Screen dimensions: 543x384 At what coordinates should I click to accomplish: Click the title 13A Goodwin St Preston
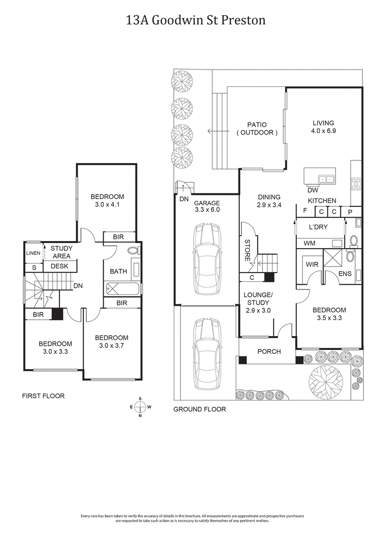[192, 20]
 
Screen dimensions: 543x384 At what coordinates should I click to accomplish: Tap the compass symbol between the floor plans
[140, 407]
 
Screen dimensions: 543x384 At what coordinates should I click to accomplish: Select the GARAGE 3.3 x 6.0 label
[207, 206]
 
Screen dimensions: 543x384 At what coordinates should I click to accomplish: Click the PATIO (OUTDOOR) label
[257, 128]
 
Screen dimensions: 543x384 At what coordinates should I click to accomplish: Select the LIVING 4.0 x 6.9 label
[322, 126]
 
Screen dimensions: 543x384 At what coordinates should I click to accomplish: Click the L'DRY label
[318, 227]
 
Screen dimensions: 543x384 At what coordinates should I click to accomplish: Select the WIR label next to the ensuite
[310, 264]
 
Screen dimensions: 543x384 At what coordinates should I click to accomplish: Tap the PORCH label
[269, 351]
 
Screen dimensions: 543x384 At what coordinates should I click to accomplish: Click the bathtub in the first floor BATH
[121, 289]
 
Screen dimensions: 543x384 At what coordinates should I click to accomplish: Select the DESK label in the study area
[60, 266]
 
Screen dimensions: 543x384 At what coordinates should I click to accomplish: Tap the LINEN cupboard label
[32, 253]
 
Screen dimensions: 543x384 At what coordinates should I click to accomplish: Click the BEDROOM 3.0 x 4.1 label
[108, 200]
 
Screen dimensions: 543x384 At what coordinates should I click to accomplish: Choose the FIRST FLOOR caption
[43, 396]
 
